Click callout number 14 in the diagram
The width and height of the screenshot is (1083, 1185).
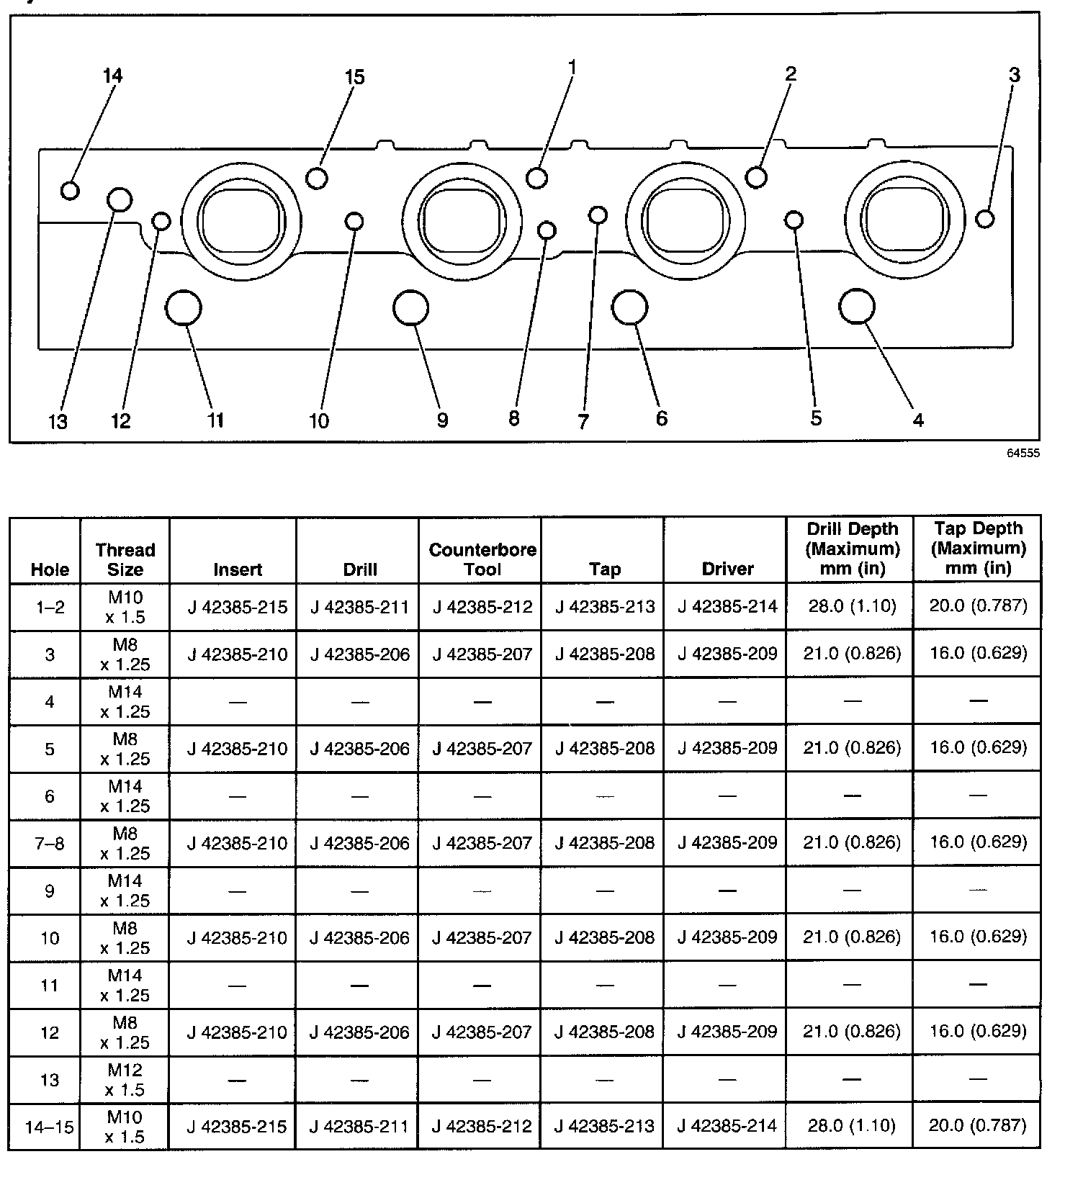(113, 76)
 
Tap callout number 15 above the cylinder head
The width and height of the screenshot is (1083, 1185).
(355, 77)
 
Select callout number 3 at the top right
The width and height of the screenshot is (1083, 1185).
(1014, 75)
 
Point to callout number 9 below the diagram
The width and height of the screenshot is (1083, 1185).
(442, 420)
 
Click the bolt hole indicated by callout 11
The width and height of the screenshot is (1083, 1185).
(183, 308)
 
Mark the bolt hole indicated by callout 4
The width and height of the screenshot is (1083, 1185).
(857, 307)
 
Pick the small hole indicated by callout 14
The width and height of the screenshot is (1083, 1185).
(70, 190)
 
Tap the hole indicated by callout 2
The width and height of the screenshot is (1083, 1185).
(756, 176)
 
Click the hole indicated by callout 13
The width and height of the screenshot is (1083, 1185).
(120, 199)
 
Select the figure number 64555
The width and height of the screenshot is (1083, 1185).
(1023, 454)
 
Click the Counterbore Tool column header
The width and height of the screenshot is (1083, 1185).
(482, 559)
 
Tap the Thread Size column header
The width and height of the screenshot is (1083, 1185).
(125, 559)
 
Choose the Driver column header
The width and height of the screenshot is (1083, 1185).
(727, 569)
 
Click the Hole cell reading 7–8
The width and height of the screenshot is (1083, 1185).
(50, 843)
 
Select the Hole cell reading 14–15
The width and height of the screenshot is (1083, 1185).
(50, 1127)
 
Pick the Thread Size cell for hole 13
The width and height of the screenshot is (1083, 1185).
(125, 1079)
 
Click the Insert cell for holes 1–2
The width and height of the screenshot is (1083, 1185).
(238, 607)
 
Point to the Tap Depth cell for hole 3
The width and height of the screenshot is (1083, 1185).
(978, 653)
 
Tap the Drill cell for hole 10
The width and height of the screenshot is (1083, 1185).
(359, 937)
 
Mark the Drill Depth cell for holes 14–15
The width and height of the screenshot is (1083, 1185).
(851, 1125)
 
